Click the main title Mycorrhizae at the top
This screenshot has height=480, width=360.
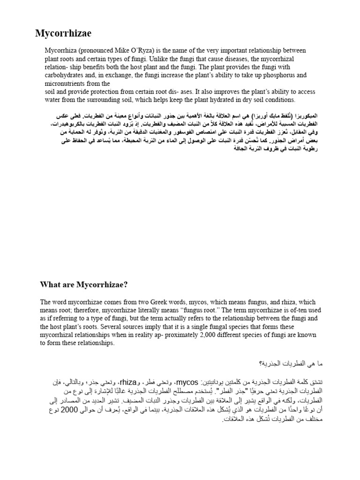(64, 33)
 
